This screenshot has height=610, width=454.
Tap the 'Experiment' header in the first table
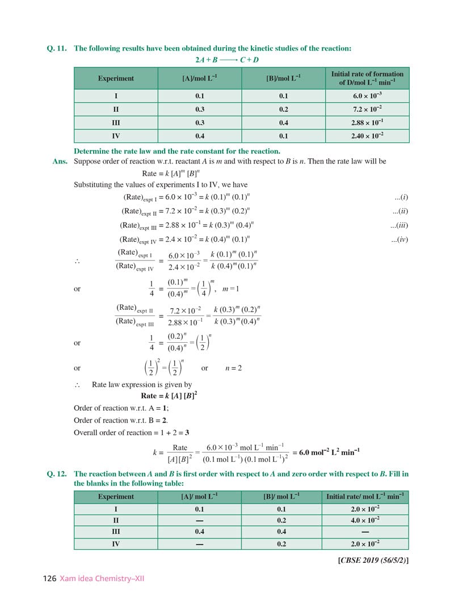click(x=116, y=78)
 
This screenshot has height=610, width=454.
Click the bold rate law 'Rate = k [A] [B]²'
click(x=169, y=395)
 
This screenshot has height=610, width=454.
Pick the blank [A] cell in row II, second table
click(x=199, y=520)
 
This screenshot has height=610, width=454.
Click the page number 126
click(x=49, y=579)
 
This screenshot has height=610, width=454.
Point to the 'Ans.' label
click(x=60, y=162)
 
